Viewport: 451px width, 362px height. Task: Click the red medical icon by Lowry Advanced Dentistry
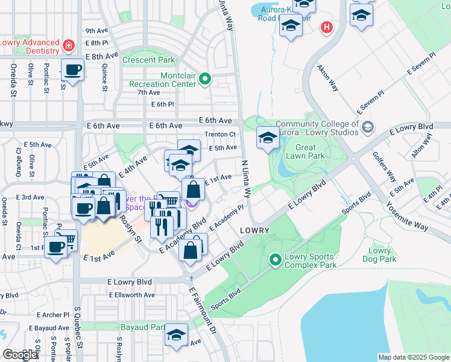[x=69, y=45]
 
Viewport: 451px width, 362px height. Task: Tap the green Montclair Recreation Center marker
[x=205, y=78]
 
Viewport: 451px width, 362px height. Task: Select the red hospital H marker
[x=327, y=27]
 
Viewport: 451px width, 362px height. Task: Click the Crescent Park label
[x=148, y=60]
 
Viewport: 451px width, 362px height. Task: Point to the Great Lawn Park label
[x=310, y=151]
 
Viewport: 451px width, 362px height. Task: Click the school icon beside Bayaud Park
[x=176, y=335]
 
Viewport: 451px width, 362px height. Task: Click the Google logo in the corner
[x=20, y=355]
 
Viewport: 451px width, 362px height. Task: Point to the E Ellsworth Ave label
[x=132, y=295]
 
